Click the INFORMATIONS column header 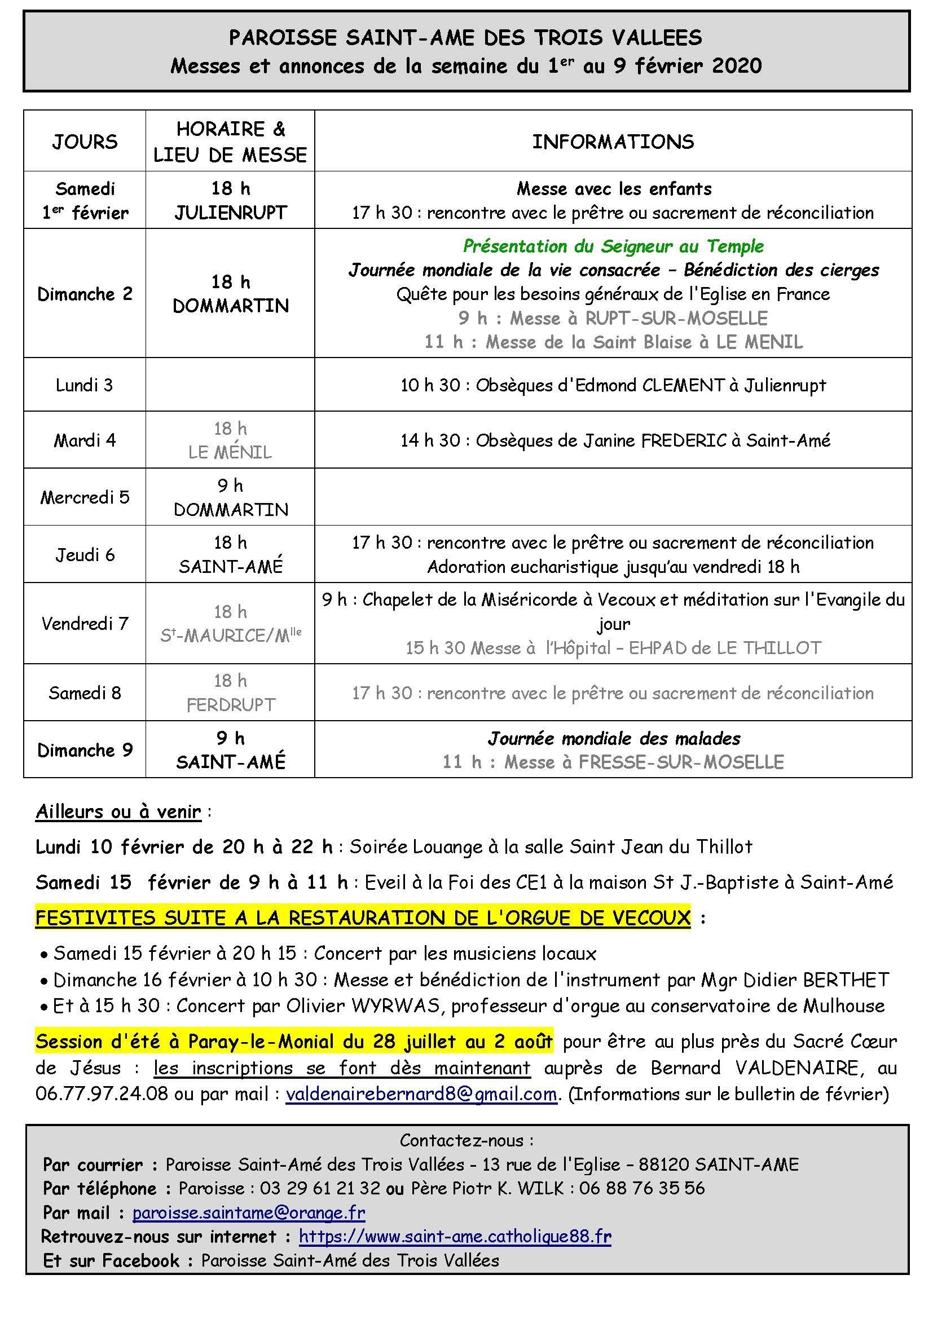click(613, 142)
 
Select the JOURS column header click(85, 142)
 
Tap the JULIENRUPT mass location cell click(230, 213)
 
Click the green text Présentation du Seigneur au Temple click(613, 246)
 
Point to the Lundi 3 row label click(85, 385)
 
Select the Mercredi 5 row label click(85, 497)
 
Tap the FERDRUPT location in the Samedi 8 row click(230, 705)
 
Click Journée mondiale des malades click(614, 738)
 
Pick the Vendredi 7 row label click(85, 623)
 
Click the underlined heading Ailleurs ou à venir click(118, 811)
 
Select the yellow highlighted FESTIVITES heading click(363, 917)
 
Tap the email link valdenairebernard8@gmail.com click(421, 1094)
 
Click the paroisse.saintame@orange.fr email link click(249, 1213)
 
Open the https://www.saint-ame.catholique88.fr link click(455, 1236)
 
